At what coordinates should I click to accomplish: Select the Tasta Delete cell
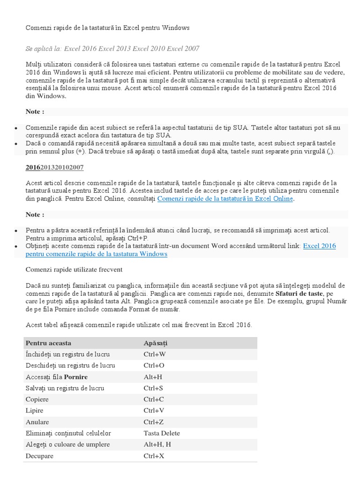pyautogui.click(x=162, y=433)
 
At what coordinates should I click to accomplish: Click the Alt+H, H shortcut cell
pyautogui.click(x=157, y=444)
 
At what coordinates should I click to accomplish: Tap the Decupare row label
pyautogui.click(x=40, y=456)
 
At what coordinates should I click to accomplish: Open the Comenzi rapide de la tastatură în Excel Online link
pyautogui.click(x=225, y=199)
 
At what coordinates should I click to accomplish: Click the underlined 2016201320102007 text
pyautogui.click(x=55, y=167)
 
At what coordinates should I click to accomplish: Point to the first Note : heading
pyautogui.click(x=35, y=112)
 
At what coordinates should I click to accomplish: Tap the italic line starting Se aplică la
pyautogui.click(x=112, y=48)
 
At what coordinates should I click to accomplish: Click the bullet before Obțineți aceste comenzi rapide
pyautogui.click(x=16, y=246)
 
